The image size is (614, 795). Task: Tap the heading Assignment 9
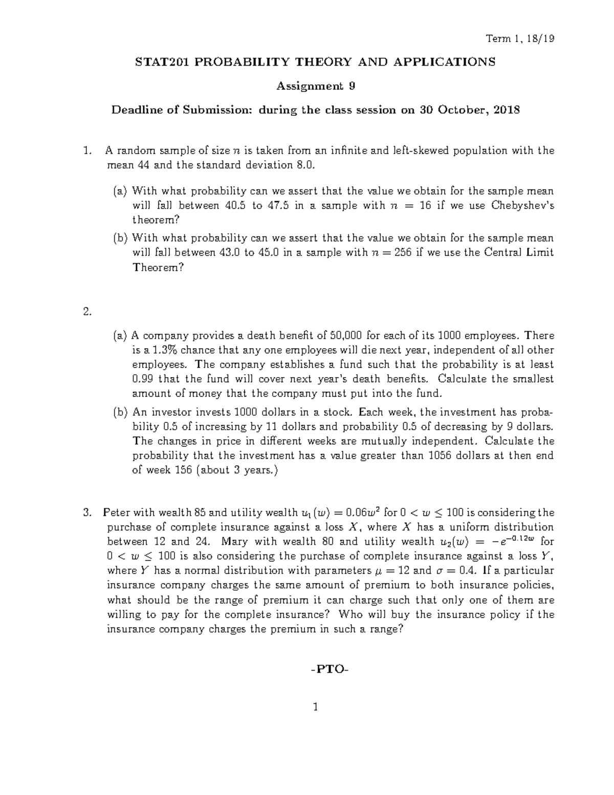coord(316,86)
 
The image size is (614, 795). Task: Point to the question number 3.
coord(87,513)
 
